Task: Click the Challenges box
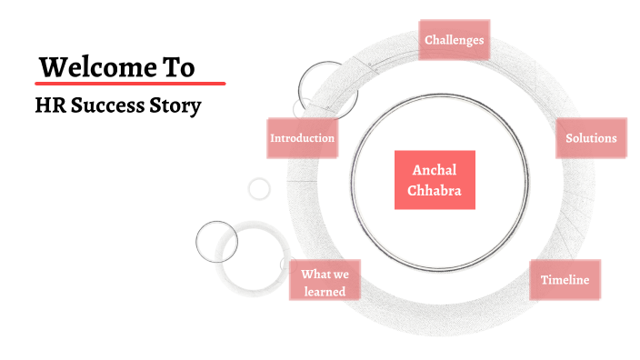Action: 454,40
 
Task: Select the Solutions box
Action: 591,138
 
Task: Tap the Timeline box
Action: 565,279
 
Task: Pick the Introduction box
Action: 302,138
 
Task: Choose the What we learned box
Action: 324,283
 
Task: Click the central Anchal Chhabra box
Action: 435,180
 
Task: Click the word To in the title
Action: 179,67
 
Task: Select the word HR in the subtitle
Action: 47,105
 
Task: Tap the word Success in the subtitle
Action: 102,105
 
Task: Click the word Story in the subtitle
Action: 173,105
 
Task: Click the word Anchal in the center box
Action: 435,170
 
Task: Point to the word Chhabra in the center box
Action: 435,190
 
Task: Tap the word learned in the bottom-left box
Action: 325,292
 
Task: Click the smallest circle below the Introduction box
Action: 259,189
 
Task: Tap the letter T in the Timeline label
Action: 545,279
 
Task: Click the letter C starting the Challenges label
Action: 429,40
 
